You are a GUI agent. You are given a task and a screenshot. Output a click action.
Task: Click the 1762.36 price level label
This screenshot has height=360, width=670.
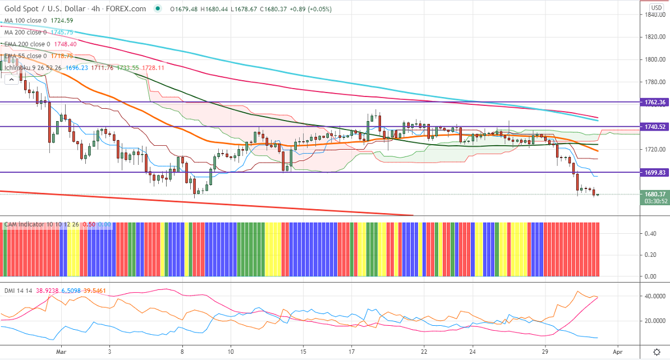pos(655,102)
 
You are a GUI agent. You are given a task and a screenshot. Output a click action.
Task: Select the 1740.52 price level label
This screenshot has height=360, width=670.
pos(655,127)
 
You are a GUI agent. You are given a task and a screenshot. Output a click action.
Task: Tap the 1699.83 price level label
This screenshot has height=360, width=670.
pos(655,173)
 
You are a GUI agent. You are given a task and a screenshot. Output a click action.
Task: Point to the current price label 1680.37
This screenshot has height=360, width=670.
pos(655,194)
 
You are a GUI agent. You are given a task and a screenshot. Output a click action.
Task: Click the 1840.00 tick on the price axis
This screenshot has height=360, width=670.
pos(654,15)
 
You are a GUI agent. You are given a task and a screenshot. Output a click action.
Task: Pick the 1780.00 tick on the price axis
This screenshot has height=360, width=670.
pos(654,82)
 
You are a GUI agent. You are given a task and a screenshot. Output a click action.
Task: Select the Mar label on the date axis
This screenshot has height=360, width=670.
pos(62,351)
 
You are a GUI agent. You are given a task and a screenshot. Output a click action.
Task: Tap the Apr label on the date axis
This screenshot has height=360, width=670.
pos(617,351)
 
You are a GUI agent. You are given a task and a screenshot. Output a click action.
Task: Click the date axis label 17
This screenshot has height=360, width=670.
pos(351,351)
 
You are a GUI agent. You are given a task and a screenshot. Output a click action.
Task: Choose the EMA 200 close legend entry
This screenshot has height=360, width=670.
pos(39,44)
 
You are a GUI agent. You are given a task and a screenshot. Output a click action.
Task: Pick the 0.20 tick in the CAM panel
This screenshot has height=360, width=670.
pos(651,255)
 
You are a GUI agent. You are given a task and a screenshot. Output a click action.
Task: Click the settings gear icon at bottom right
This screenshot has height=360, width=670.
pos(657,351)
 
